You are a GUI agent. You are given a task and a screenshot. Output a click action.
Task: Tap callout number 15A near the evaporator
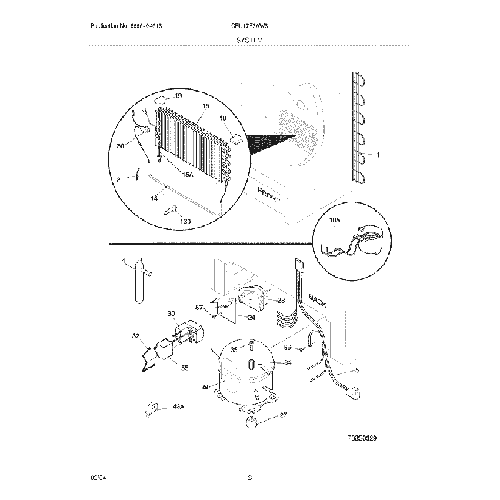coord(187,174)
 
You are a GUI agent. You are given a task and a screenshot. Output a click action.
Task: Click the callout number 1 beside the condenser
coord(378,154)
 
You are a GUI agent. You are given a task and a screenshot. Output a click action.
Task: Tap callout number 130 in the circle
coord(185,222)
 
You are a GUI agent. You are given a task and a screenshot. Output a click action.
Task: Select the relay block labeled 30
coord(188,334)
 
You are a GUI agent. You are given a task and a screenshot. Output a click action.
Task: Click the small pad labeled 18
coord(237,141)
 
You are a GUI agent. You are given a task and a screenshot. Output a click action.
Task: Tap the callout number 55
coord(184,368)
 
